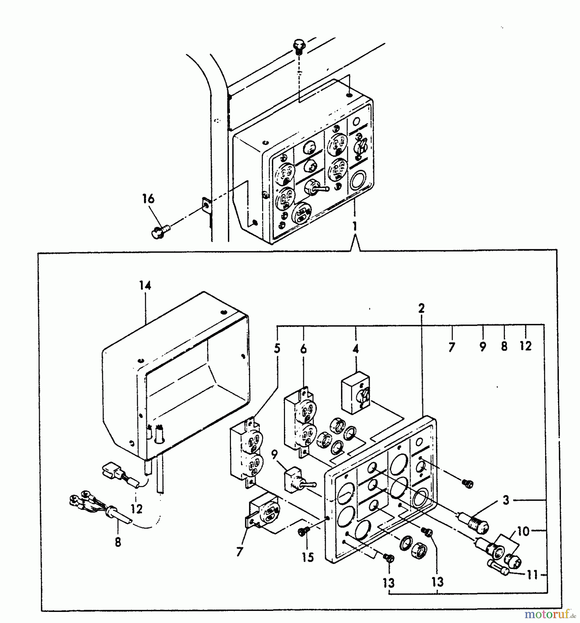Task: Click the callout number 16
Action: [148, 199]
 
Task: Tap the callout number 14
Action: [145, 286]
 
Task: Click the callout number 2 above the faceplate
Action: [421, 308]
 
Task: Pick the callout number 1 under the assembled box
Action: [354, 226]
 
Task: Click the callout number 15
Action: [308, 557]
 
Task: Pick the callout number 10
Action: [524, 531]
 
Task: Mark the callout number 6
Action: [303, 349]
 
